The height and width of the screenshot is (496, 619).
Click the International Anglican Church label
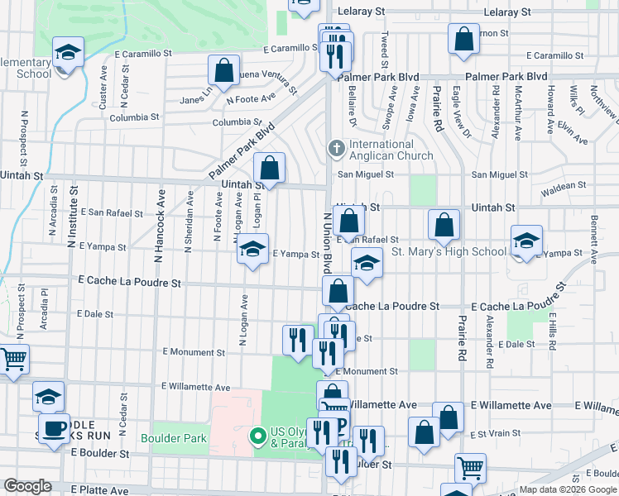click(391, 150)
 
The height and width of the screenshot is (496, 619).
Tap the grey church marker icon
click(336, 149)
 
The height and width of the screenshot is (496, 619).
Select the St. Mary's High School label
click(449, 251)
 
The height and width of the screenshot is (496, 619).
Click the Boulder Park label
click(168, 438)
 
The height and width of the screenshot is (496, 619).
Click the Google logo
click(27, 485)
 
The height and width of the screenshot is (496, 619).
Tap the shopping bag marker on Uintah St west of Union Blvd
click(270, 169)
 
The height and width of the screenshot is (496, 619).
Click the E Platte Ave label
click(99, 490)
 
